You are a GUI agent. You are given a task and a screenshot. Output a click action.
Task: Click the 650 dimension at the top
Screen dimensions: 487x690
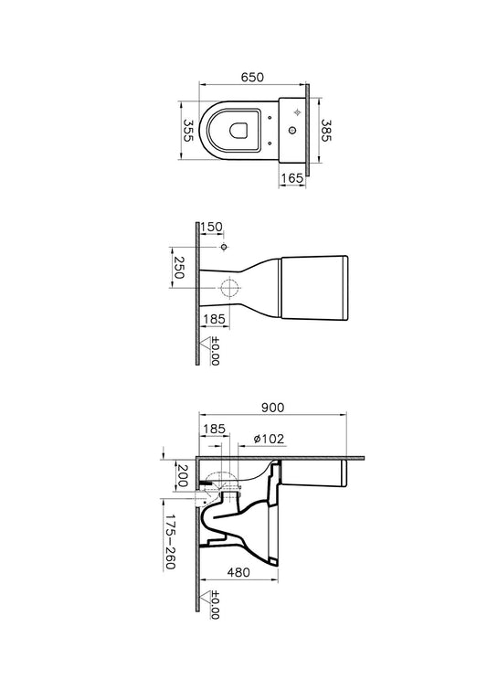pyautogui.click(x=252, y=77)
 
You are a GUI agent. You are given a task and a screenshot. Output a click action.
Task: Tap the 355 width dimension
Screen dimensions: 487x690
pyautogui.click(x=188, y=131)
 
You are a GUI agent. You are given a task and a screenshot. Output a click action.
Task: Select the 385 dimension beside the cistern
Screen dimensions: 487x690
pyautogui.click(x=325, y=131)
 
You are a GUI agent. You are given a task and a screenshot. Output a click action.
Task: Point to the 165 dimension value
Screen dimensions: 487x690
pyautogui.click(x=292, y=178)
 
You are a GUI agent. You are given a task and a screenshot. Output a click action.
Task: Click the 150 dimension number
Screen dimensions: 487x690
pyautogui.click(x=212, y=227)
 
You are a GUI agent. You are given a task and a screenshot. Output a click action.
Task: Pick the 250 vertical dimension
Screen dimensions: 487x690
pyautogui.click(x=178, y=268)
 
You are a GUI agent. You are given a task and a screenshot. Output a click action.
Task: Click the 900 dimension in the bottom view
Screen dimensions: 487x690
pyautogui.click(x=273, y=408)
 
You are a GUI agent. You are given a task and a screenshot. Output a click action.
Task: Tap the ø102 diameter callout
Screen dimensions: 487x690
pyautogui.click(x=270, y=439)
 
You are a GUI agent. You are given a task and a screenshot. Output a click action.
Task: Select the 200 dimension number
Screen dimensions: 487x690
pyautogui.click(x=181, y=476)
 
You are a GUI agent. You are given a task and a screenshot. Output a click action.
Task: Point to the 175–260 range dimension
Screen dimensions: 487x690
pyautogui.click(x=170, y=542)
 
